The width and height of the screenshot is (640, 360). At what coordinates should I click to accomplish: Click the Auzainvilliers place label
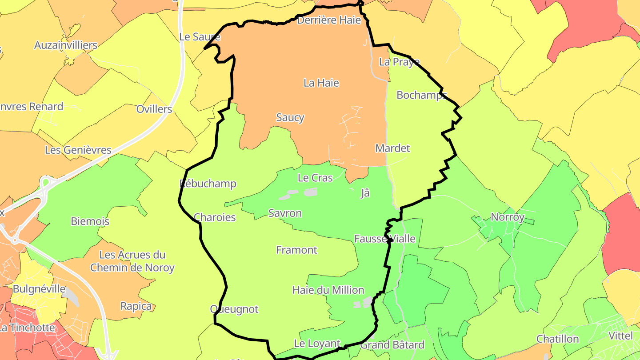(66, 45)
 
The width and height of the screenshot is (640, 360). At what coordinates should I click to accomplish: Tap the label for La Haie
(321, 83)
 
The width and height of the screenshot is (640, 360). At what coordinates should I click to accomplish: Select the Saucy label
(290, 117)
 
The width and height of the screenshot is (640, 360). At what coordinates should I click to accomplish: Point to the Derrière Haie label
(329, 20)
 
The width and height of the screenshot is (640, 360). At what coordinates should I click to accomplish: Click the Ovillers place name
(154, 109)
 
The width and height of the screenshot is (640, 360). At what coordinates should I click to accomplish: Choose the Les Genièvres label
(78, 150)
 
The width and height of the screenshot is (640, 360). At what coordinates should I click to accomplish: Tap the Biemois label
(90, 221)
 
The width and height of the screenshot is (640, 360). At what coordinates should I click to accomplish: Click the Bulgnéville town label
(39, 289)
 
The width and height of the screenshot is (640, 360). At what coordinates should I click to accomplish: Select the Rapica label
(136, 306)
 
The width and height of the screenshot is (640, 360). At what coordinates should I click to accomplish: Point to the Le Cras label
(315, 178)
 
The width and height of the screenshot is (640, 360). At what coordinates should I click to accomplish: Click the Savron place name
(285, 213)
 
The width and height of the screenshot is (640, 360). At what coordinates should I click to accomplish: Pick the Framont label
(297, 250)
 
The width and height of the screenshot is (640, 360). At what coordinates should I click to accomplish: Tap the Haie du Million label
(328, 290)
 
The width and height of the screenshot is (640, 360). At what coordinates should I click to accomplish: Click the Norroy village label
(508, 217)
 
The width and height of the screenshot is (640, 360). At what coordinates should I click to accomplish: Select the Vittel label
(620, 336)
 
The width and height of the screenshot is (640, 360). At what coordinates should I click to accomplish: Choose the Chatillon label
(558, 339)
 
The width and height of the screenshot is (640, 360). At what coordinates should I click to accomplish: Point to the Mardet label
(393, 148)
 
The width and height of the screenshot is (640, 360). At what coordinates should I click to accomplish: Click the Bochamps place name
(421, 95)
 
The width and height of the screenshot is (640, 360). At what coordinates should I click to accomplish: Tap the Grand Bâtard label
(392, 344)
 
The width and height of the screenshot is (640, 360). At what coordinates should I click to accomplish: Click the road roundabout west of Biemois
(46, 183)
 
